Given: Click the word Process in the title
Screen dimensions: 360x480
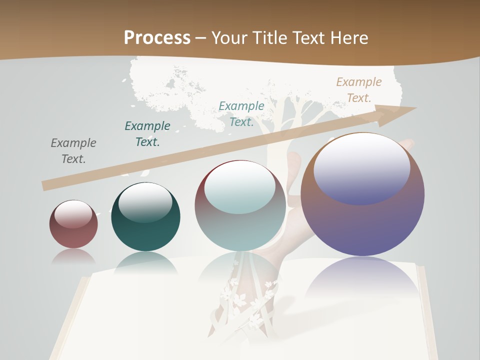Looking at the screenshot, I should click(157, 37).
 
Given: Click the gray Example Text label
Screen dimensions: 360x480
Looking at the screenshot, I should click(73, 151).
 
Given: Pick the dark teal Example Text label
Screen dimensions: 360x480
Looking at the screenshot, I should click(147, 134).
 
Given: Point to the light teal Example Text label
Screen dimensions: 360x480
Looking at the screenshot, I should click(241, 114).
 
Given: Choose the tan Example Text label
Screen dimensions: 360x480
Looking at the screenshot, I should click(359, 90).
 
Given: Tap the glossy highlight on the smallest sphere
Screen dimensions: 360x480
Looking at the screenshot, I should click(73, 214).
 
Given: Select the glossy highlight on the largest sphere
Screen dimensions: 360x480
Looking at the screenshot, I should click(362, 168).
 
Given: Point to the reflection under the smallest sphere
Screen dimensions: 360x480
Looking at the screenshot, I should click(73, 256).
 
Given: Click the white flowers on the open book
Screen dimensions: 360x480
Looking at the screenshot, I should click(245, 300).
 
